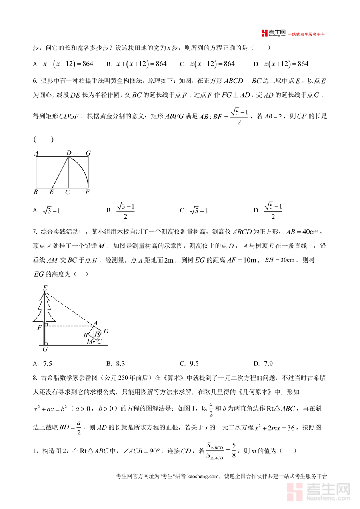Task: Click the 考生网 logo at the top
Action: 274,33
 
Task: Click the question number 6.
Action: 35,81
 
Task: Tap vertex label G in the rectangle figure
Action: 88,153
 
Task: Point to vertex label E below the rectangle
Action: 52,192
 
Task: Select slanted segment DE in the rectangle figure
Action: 60,172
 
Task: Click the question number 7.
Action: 35,232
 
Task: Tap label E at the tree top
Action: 45,288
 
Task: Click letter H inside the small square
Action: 97,334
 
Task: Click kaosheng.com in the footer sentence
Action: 203,476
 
